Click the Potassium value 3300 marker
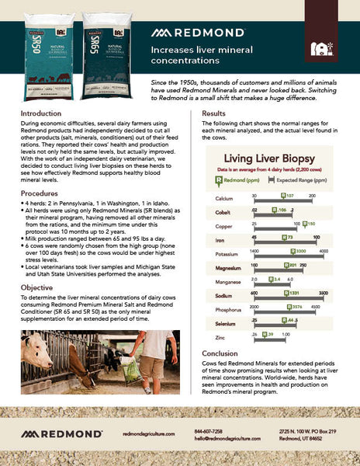click(301, 252)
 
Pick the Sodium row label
click(224, 295)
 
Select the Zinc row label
click(221, 339)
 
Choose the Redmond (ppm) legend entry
click(241, 179)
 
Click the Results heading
click(214, 113)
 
